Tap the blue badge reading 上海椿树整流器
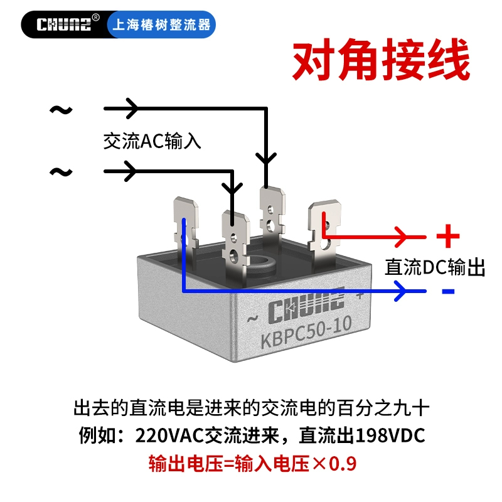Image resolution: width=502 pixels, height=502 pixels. pos(161,24)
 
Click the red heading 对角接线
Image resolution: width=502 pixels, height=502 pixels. pos(381,59)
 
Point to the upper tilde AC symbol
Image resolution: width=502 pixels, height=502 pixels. pos(61,110)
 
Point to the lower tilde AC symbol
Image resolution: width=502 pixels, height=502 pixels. pos(61,172)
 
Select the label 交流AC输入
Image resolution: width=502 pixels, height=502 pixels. pos(152,141)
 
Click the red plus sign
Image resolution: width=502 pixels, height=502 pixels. pos(448,237)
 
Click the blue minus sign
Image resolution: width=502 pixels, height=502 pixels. pos(448,291)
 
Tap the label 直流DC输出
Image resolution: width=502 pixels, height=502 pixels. pos(435,267)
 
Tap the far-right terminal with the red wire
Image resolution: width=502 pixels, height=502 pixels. pos(324,230)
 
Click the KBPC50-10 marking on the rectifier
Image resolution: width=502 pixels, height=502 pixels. pos(306,333)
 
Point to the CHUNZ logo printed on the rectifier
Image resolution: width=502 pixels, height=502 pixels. pos(306,306)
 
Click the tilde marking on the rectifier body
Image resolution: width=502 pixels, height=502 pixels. pos(253,319)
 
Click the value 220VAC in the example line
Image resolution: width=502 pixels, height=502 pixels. pos(169,435)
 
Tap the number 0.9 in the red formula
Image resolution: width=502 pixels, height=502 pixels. pos(343,464)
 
